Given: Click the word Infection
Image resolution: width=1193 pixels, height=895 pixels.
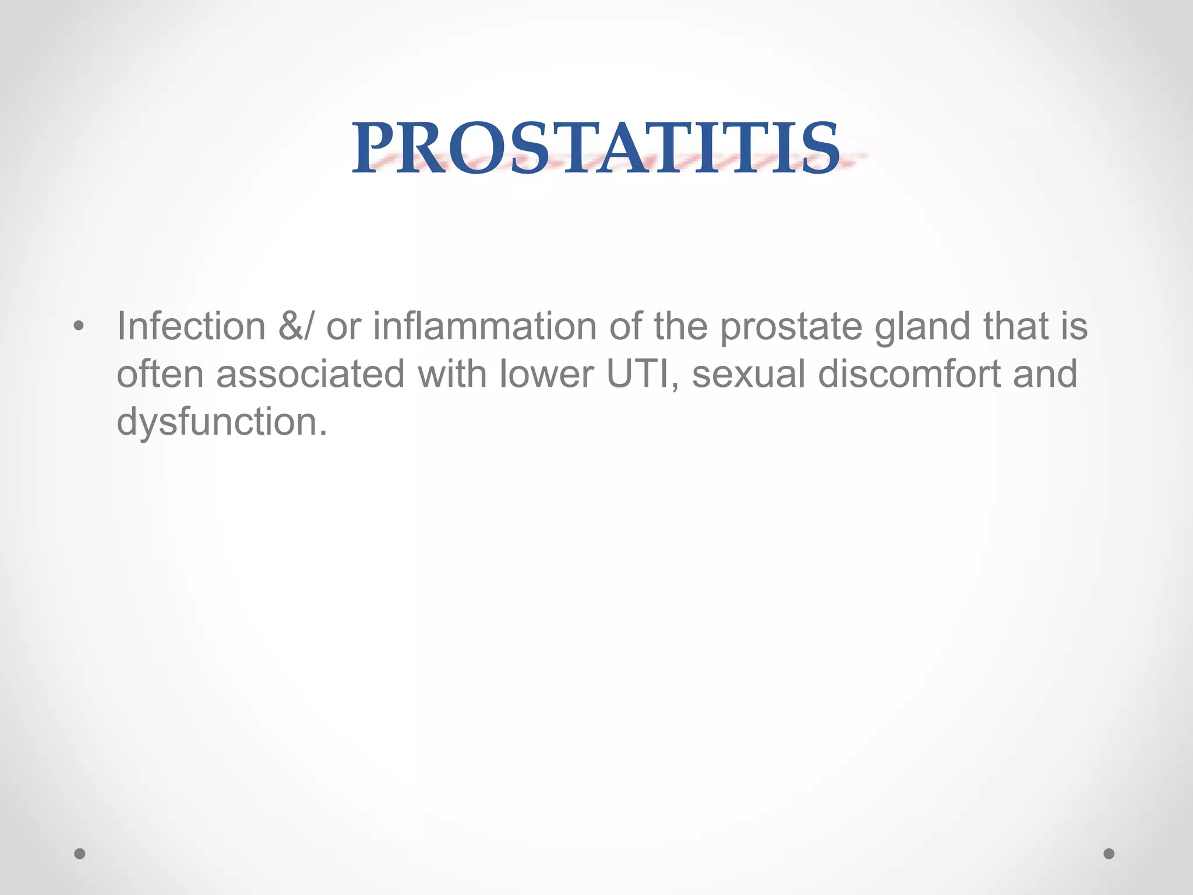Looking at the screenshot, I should (x=191, y=326).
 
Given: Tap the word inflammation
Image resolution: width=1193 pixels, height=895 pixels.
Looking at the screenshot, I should (x=485, y=326).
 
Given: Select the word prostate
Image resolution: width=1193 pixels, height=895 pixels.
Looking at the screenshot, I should (x=791, y=327).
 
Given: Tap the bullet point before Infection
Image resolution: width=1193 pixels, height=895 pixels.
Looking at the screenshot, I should (x=79, y=327).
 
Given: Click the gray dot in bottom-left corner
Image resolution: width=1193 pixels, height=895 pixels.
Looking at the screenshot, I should (x=80, y=854).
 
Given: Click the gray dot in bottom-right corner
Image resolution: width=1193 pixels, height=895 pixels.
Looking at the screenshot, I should (x=1109, y=854).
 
